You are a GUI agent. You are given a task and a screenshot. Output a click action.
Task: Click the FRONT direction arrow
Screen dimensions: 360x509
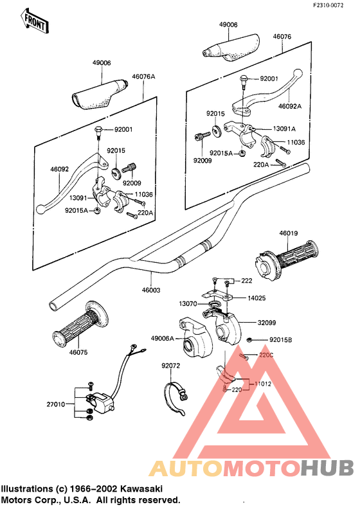point(35,21)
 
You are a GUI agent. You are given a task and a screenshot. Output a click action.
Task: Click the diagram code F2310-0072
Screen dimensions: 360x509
point(328,6)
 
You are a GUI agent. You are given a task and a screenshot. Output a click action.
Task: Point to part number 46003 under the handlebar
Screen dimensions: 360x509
point(151,290)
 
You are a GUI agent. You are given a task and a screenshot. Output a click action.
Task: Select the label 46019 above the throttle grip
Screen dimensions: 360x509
point(289,233)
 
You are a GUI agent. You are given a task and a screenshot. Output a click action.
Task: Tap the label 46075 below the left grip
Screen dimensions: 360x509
point(78,352)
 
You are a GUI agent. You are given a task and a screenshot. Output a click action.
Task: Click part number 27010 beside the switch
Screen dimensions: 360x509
point(55,404)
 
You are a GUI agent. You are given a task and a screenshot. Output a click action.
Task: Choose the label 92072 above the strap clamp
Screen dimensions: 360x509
point(171,366)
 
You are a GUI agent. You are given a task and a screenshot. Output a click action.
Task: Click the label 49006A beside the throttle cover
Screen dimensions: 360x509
point(162,338)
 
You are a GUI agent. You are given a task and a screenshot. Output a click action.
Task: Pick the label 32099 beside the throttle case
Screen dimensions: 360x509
point(267,323)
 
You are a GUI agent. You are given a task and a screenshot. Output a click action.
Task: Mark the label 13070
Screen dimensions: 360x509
point(188,304)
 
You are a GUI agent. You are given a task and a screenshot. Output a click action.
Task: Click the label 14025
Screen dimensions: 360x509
point(256,298)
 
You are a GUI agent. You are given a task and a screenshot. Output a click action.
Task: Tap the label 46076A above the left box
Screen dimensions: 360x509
point(143,77)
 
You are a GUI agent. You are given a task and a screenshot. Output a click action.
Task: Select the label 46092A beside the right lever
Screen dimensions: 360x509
point(290,106)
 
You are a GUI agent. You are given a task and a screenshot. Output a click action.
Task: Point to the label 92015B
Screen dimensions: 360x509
point(280,340)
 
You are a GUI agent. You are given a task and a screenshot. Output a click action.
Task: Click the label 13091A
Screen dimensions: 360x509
point(284,129)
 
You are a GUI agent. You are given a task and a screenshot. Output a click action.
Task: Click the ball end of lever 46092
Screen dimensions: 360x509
point(40,209)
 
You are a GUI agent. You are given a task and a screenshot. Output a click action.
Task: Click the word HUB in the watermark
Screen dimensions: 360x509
point(327,468)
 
